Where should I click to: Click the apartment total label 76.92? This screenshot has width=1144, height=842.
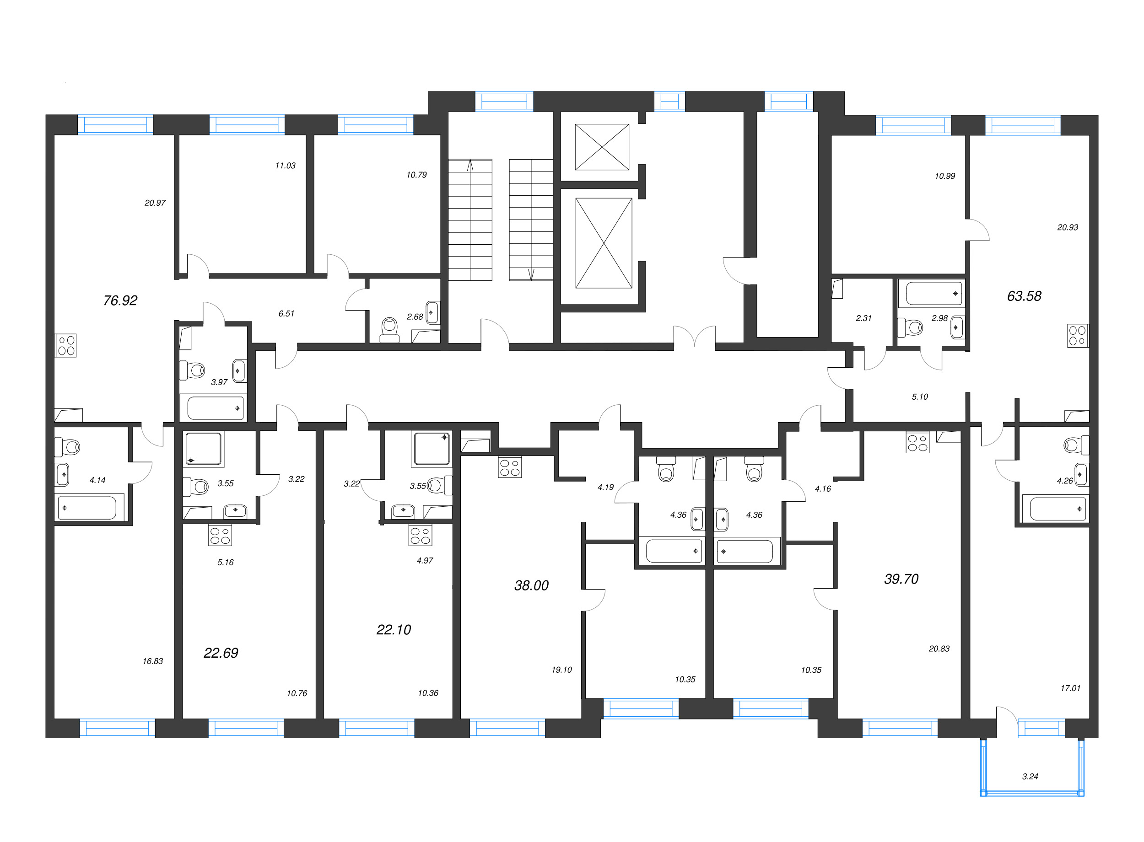pos(120,301)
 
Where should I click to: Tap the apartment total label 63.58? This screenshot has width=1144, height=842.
pos(1024,296)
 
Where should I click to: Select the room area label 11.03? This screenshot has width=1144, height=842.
pos(285,166)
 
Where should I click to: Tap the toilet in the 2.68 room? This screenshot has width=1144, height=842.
pos(389,330)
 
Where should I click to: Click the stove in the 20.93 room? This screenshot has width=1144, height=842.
pos(1078,335)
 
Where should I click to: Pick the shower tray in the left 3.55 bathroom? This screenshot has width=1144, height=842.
pos(204,449)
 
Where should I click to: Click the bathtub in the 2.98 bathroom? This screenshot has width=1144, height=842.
pos(934,294)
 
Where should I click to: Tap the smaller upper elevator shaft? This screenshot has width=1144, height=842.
pos(602,147)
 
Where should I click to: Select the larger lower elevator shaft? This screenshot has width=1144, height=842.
pos(604,243)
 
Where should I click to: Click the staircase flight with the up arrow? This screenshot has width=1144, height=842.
pos(470,220)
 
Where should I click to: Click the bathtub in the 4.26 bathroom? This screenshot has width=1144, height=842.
pos(1058,509)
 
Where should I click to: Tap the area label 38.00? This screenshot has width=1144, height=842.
pos(531,585)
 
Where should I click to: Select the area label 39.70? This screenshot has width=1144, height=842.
pos(901,579)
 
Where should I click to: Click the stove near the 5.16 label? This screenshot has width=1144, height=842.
pos(220,535)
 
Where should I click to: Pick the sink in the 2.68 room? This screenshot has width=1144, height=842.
pos(432,312)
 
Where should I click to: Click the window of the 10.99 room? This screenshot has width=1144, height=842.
pos(913,125)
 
